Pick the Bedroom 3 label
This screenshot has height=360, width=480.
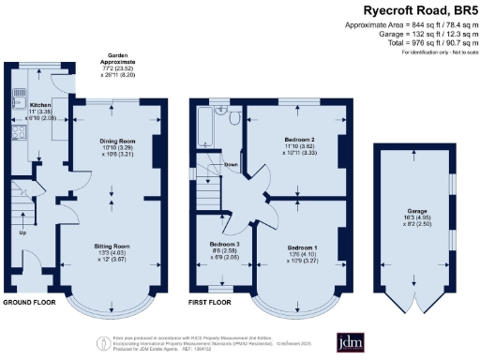(x=225, y=246)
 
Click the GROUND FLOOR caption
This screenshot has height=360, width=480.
(x=28, y=303)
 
